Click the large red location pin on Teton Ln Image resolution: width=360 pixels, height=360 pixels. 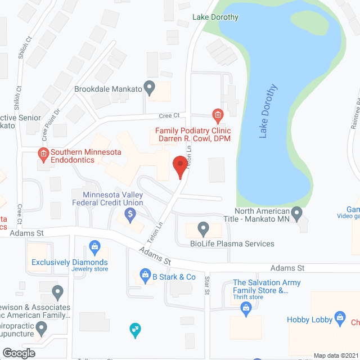coord(179,166)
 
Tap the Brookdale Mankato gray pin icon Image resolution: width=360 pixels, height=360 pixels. coord(149,88)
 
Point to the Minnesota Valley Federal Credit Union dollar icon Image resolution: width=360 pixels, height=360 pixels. coord(130,213)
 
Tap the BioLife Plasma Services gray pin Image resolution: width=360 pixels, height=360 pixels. coord(204,229)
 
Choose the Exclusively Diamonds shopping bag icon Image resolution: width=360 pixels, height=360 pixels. coord(94,246)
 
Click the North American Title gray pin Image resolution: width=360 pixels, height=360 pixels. coord(298,214)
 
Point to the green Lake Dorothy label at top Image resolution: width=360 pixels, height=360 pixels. coord(215,17)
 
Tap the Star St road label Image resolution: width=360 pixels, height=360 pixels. coord(207,285)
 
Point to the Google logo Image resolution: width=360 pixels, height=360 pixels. coord(18,353)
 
